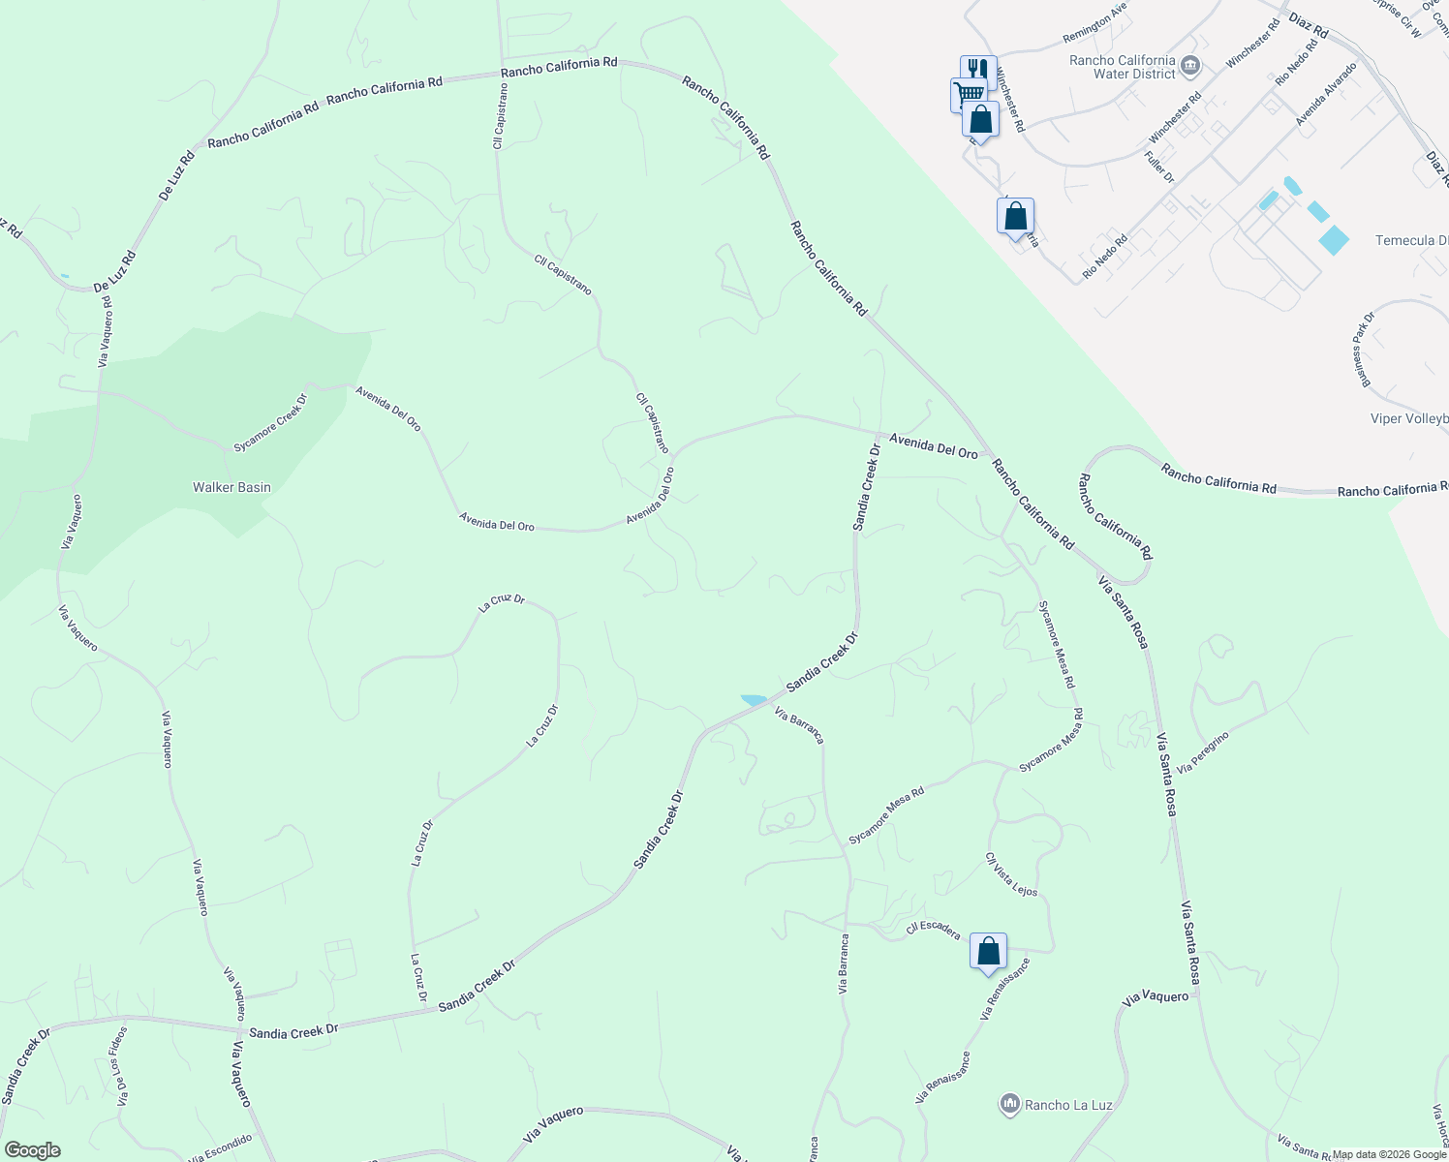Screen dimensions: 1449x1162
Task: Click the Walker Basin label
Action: coord(231,487)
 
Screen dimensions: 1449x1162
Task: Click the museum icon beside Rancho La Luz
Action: coord(1010,1104)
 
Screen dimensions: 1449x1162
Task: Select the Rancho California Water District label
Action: coord(1122,67)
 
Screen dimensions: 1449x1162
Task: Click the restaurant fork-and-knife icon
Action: coord(977,69)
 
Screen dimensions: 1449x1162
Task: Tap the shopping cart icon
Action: coord(967,94)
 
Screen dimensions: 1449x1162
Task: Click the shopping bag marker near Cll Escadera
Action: coord(988,951)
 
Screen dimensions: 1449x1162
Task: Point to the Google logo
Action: coord(32,1150)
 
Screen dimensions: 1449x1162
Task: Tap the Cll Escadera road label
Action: coord(933,931)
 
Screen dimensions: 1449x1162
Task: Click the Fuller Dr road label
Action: coord(1158,168)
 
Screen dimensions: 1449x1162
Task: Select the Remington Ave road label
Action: coord(1095,36)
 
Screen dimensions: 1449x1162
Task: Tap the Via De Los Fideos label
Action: coord(120,1066)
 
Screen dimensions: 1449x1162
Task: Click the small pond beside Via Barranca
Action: coord(754,700)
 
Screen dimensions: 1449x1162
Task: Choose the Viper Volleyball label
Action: coord(1409,418)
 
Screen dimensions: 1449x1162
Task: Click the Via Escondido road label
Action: coord(221,1148)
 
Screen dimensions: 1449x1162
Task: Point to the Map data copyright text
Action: coord(1390,1154)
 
